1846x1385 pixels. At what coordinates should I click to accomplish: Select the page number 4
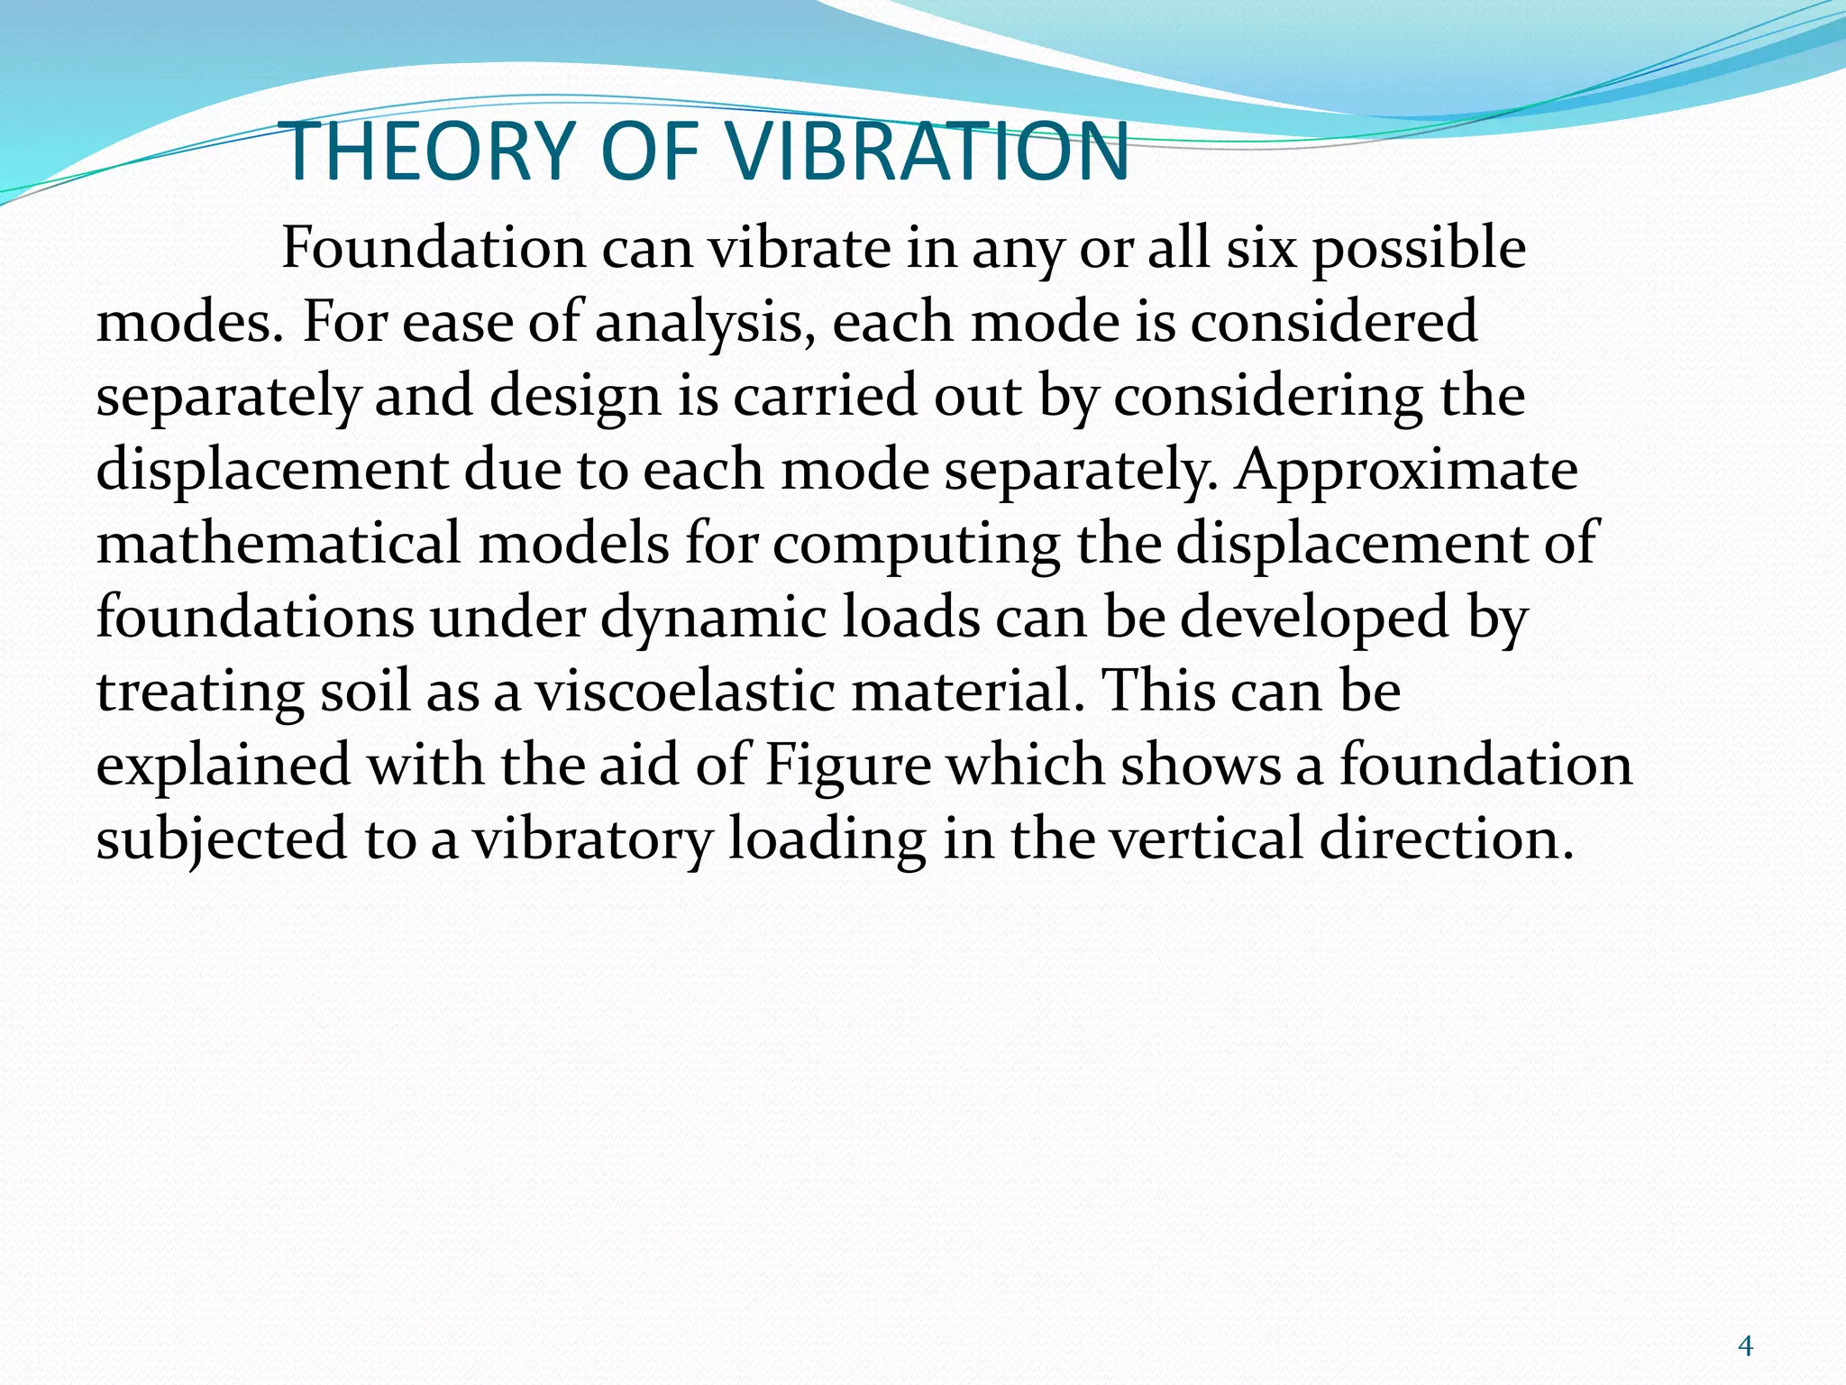[x=1745, y=1346]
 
